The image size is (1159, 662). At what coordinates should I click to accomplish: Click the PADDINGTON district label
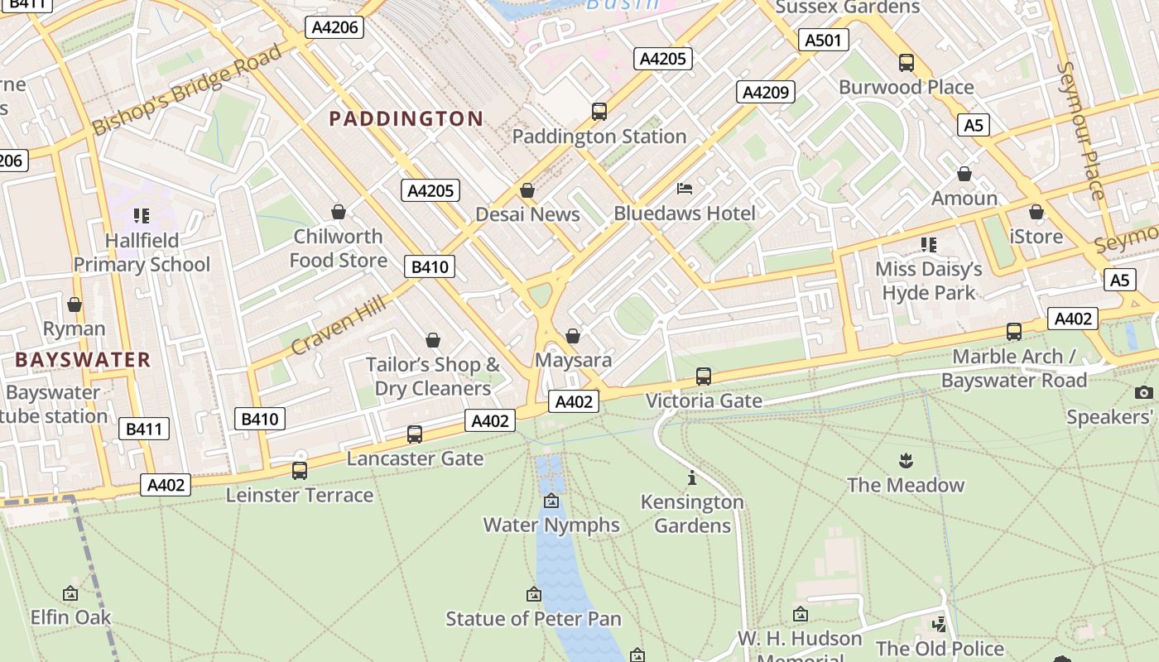(x=406, y=118)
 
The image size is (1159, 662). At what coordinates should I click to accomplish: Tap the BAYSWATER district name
(x=83, y=360)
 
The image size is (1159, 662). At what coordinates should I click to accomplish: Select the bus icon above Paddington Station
(x=599, y=112)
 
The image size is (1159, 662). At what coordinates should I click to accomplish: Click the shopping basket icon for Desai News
(x=527, y=191)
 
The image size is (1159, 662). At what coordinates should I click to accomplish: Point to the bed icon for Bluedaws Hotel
(x=685, y=189)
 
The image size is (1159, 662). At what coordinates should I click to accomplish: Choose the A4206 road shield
(x=334, y=27)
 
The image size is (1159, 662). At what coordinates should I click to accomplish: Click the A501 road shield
(x=823, y=40)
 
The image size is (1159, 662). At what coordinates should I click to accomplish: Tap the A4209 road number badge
(x=766, y=92)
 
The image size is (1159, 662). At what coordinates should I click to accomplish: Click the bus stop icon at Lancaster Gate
(x=415, y=434)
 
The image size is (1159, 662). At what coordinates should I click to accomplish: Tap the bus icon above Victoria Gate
(x=704, y=377)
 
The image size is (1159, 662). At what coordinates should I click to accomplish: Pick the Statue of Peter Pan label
(x=533, y=618)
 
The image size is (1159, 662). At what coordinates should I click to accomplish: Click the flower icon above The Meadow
(x=906, y=461)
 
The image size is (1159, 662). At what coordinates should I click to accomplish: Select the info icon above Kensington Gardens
(x=692, y=478)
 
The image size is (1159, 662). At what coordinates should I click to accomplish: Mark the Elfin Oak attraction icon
(x=70, y=593)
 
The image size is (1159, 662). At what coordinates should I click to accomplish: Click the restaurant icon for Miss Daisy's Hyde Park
(x=929, y=245)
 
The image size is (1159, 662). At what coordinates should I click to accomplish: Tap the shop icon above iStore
(x=1036, y=213)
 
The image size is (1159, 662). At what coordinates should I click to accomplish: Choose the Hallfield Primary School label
(x=142, y=252)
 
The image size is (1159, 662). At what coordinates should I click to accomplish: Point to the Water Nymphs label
(x=551, y=525)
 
